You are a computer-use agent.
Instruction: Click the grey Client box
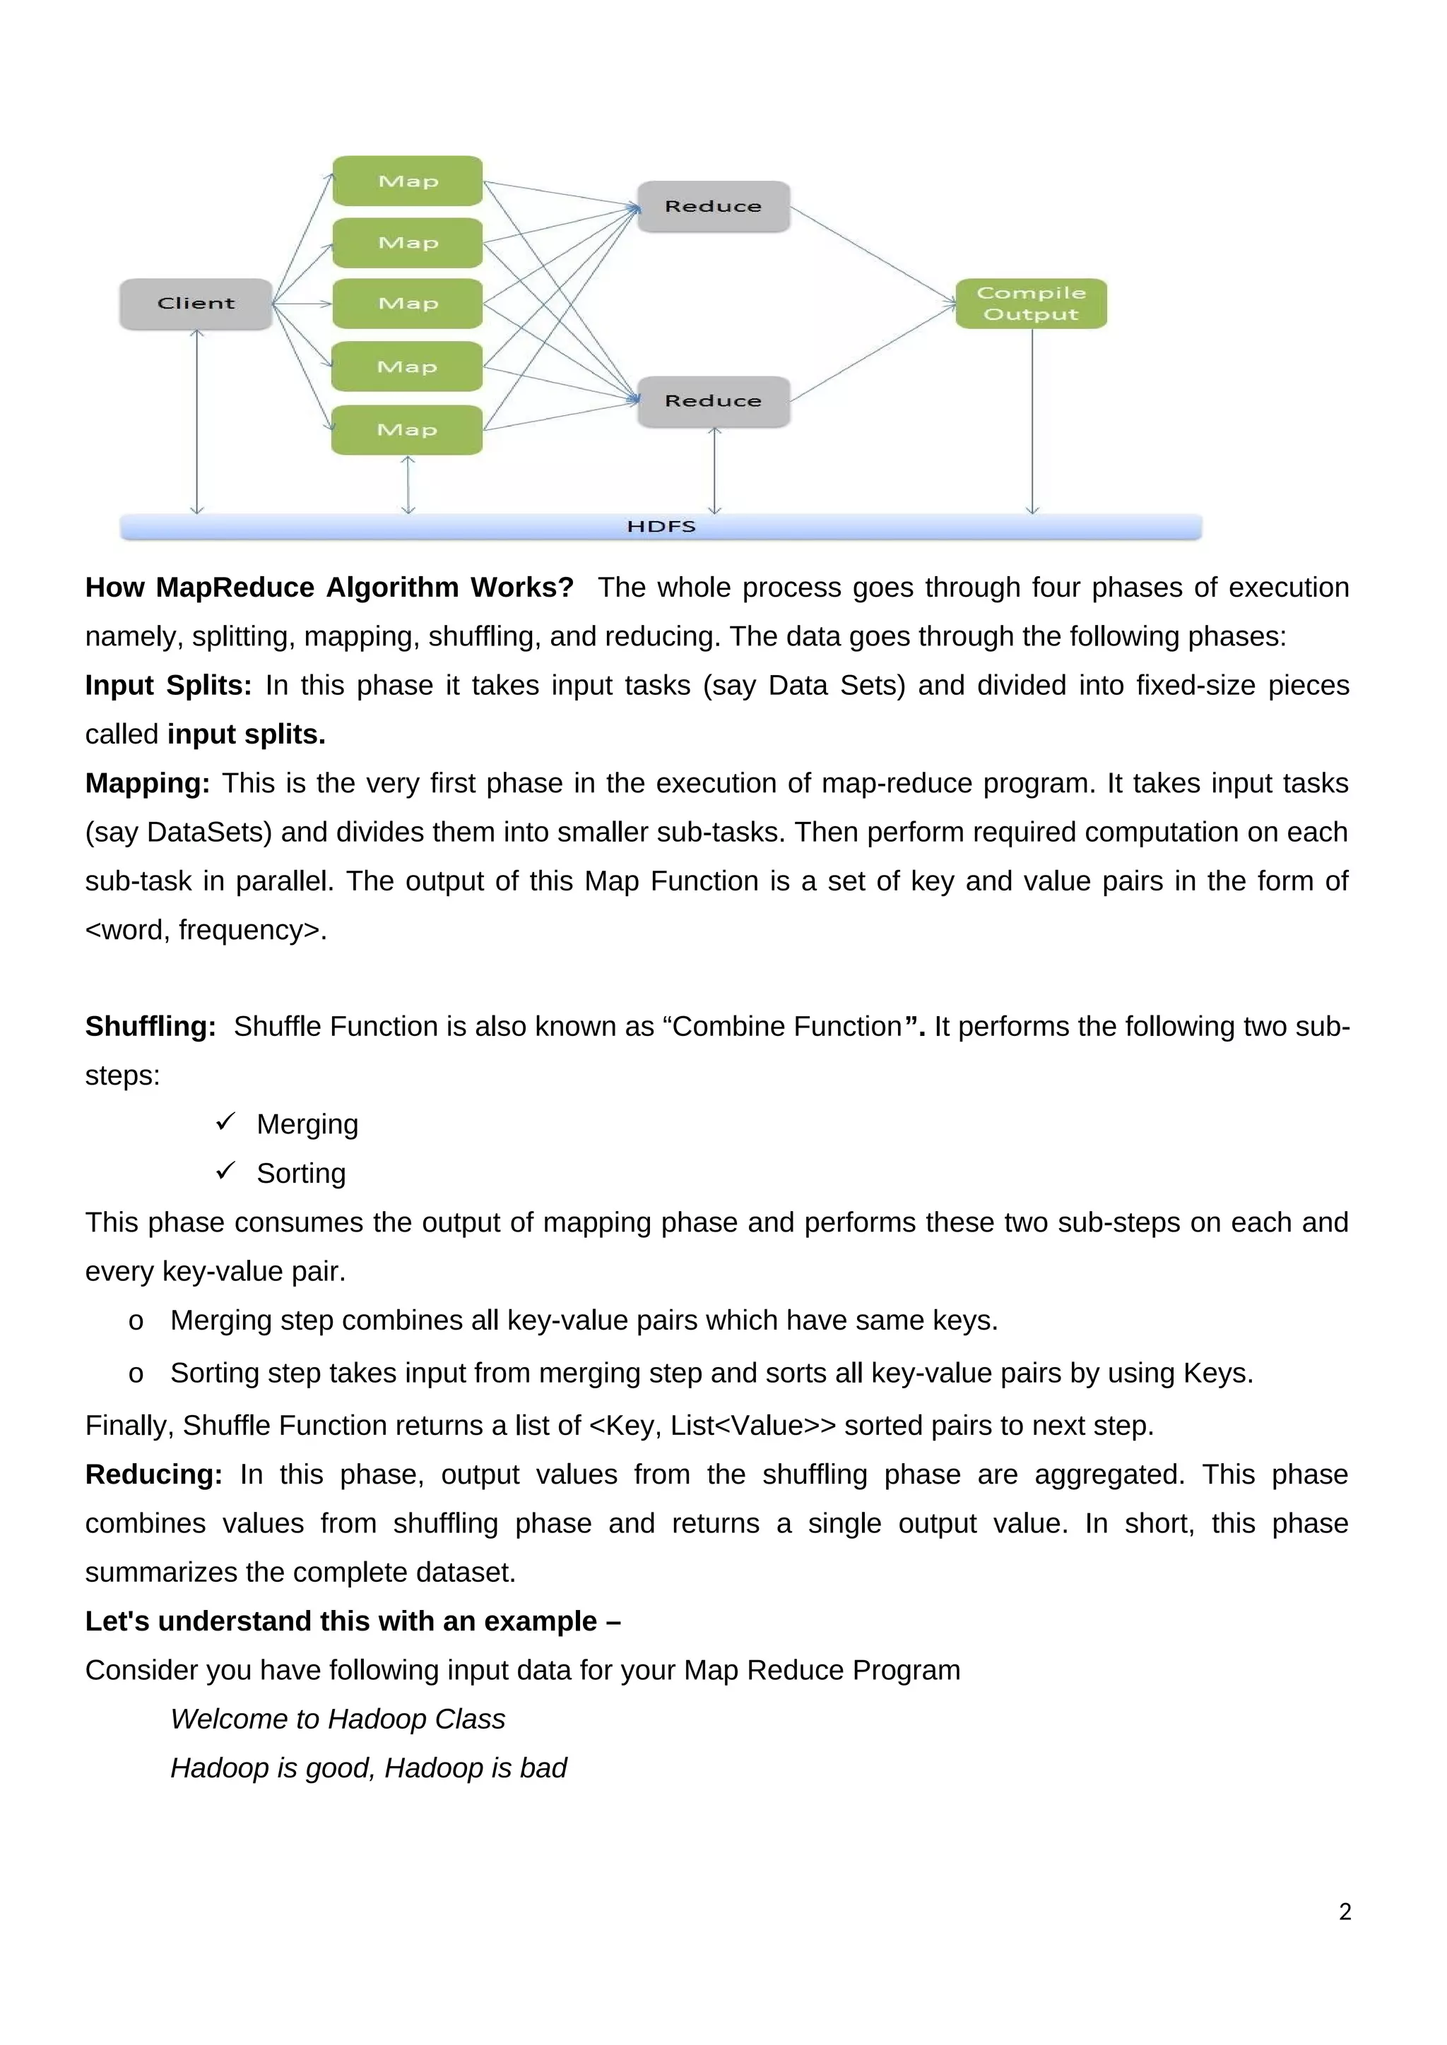pyautogui.click(x=196, y=304)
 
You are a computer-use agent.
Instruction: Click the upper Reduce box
pyautogui.click(x=713, y=207)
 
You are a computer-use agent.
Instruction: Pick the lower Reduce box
pyautogui.click(x=713, y=402)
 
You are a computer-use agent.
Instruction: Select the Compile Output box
pyautogui.click(x=1031, y=304)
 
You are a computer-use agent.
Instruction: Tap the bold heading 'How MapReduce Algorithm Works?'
pyautogui.click(x=329, y=588)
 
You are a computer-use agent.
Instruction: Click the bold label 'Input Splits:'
pyautogui.click(x=168, y=686)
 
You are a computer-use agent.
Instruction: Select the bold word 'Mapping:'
pyautogui.click(x=147, y=784)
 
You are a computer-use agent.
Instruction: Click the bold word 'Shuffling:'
pyautogui.click(x=150, y=1027)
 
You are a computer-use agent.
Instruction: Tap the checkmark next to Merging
pyautogui.click(x=225, y=1121)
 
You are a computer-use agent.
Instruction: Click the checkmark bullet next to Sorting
pyautogui.click(x=225, y=1170)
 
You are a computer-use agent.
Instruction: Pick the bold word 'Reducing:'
pyautogui.click(x=153, y=1475)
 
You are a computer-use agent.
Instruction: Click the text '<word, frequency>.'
pyautogui.click(x=206, y=930)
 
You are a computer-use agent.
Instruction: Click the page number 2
pyautogui.click(x=1345, y=1912)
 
